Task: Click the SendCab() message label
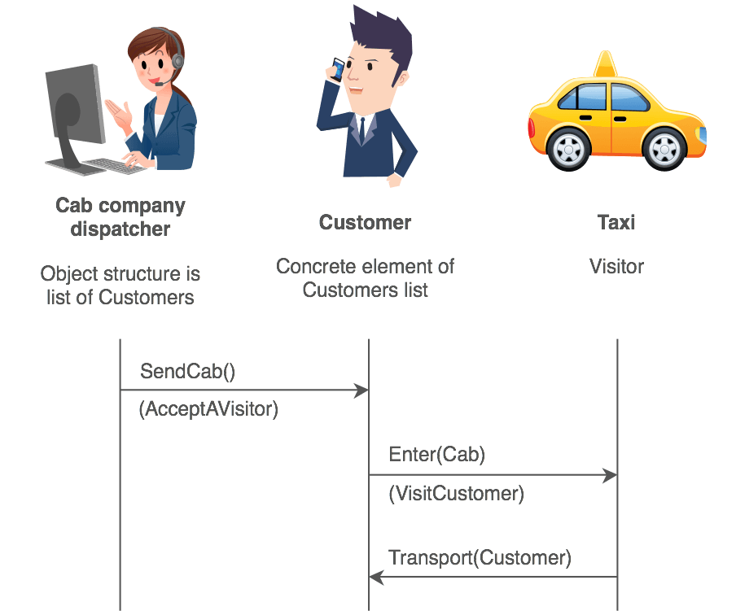pyautogui.click(x=187, y=372)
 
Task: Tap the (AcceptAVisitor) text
pyautogui.click(x=208, y=409)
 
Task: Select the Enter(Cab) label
pyautogui.click(x=437, y=455)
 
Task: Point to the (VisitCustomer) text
pyautogui.click(x=456, y=493)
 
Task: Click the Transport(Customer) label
pyautogui.click(x=480, y=558)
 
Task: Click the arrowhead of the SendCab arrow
pyautogui.click(x=362, y=390)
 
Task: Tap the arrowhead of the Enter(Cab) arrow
pyautogui.click(x=610, y=475)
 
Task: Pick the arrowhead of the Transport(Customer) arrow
pyautogui.click(x=376, y=577)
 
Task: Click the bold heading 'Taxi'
pyautogui.click(x=616, y=222)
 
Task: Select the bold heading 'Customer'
pyautogui.click(x=365, y=222)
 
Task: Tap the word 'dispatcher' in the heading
pyautogui.click(x=120, y=229)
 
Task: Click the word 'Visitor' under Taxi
pyautogui.click(x=616, y=266)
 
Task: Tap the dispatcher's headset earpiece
pyautogui.click(x=177, y=60)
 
